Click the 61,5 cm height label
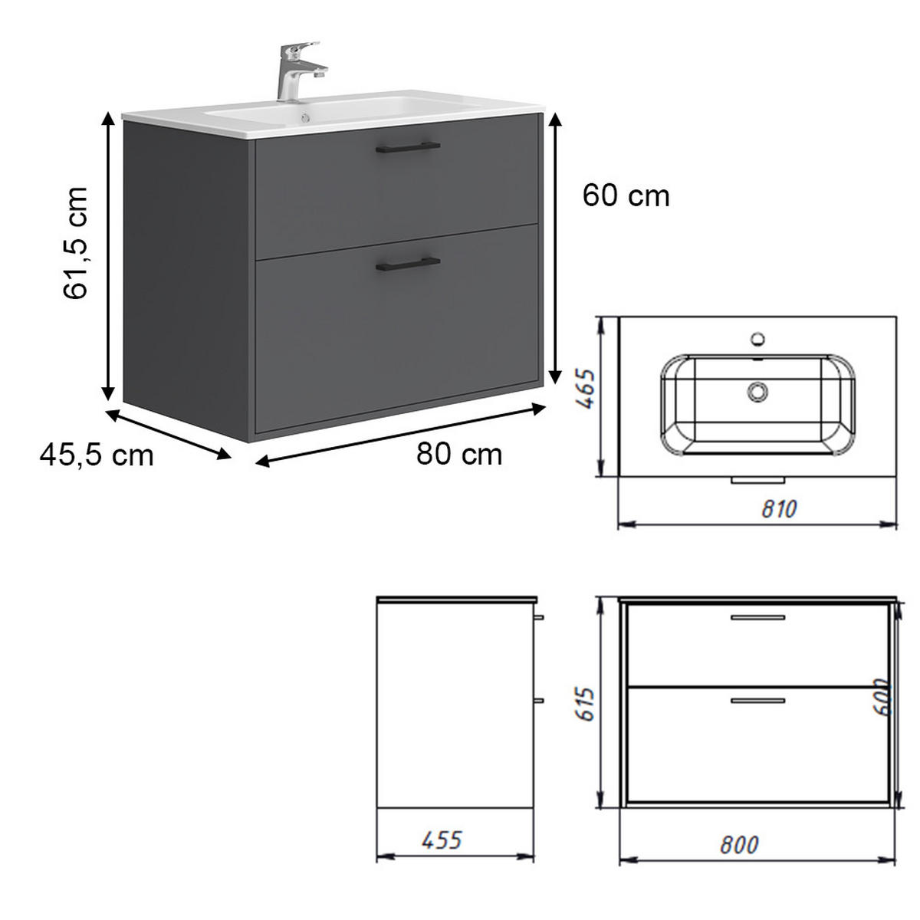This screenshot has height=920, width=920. [x=77, y=242]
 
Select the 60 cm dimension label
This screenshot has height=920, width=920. [x=626, y=196]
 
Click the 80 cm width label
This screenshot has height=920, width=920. [x=459, y=454]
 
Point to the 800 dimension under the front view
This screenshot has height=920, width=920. [x=740, y=844]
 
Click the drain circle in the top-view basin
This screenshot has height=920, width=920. [x=758, y=392]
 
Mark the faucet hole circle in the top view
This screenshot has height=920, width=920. [x=758, y=338]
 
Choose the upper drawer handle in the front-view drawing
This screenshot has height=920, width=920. [x=757, y=617]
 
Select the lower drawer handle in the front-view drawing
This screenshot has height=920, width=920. [x=757, y=700]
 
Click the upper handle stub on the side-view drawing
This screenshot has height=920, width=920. [x=538, y=616]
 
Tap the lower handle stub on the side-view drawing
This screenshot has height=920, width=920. [x=538, y=700]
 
